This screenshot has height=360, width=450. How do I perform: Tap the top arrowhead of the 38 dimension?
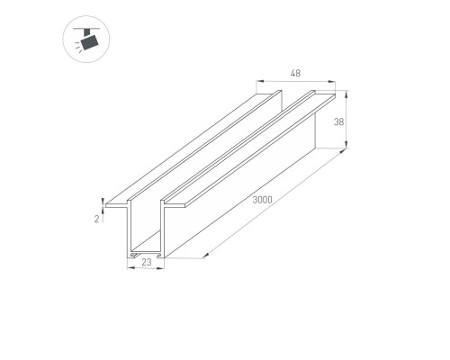pyautogui.click(x=346, y=93)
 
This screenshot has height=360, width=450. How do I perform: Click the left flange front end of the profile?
pyautogui.click(x=116, y=206)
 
